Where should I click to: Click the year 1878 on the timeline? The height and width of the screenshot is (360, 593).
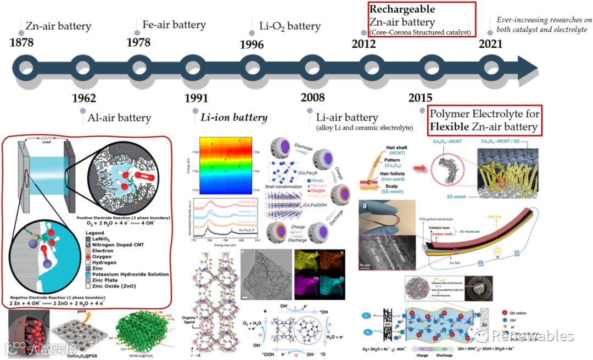click(x=23, y=41)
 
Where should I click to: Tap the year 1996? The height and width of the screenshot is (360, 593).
click(x=251, y=45)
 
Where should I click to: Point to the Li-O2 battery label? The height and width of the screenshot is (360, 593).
click(x=289, y=26)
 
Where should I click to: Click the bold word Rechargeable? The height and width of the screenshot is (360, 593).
click(x=402, y=9)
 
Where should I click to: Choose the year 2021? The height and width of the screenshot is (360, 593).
click(x=490, y=44)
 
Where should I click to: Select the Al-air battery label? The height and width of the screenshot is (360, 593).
click(x=120, y=117)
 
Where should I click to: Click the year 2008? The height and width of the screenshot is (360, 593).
click(x=313, y=98)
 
